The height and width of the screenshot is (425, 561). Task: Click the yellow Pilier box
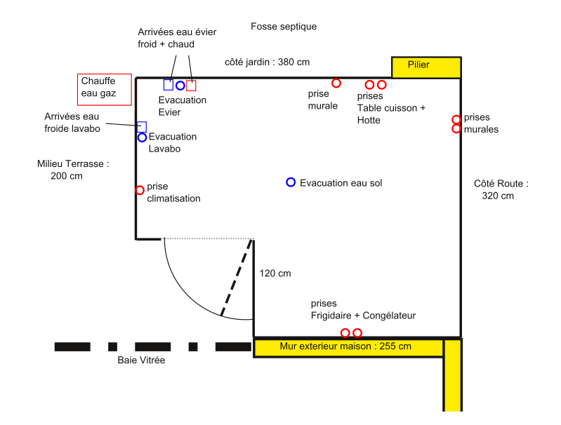426,67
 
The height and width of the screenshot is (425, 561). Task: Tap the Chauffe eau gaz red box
104,88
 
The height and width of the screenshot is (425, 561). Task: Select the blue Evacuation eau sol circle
291,182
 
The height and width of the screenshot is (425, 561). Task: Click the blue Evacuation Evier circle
180,86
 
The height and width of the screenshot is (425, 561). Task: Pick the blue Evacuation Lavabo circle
142,137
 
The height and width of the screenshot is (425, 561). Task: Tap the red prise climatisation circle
140,190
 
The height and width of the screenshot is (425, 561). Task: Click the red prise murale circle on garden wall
336,83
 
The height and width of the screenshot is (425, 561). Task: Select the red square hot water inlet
191,86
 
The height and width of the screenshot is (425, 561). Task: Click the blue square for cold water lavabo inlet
141,126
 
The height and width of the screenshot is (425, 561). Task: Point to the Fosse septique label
284,27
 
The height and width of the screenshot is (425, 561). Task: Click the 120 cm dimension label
275,274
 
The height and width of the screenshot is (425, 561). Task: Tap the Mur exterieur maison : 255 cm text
345,346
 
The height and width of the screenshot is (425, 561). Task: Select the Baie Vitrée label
141,360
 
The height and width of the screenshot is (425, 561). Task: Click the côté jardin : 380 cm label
267,62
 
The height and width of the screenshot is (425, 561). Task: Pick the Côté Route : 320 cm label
500,189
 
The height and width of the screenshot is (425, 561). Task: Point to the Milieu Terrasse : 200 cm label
73,170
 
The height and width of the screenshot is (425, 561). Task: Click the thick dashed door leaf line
237,278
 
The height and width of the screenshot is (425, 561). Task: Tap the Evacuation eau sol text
341,183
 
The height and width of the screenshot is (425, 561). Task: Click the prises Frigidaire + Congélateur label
363,310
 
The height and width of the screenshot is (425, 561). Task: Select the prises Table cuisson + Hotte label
391,108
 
